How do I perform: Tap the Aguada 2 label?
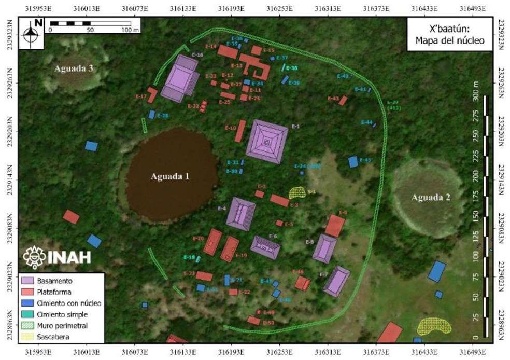431,197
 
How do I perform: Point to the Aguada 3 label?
74,68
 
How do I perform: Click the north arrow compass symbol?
31,33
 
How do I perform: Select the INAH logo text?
69,257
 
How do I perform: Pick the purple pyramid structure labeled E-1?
267,142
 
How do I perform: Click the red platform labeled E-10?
240,131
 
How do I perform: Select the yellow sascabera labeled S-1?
297,193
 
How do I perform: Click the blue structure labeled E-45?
353,162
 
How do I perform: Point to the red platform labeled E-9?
335,226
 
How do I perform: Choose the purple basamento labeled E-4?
241,213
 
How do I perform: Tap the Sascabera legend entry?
52,337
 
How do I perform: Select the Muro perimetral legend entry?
58,326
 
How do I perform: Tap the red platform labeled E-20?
212,242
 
